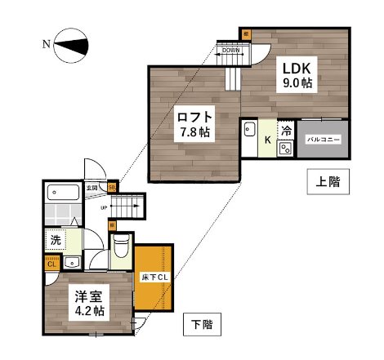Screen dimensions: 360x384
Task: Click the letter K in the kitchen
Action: click(266, 140)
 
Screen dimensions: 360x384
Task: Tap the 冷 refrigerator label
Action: click(287, 131)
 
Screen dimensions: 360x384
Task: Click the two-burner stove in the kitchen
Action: click(287, 149)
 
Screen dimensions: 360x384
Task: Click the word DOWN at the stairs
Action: click(230, 51)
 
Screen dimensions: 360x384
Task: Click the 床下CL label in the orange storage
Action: click(154, 276)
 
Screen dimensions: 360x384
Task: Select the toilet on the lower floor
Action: click(121, 247)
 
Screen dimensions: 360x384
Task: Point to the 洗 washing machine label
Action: click(56, 240)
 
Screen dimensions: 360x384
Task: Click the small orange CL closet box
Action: click(51, 263)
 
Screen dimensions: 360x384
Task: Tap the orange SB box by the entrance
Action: click(112, 187)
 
